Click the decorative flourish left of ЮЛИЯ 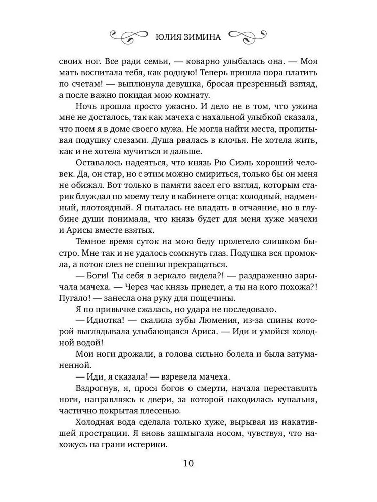tap(128, 36)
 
